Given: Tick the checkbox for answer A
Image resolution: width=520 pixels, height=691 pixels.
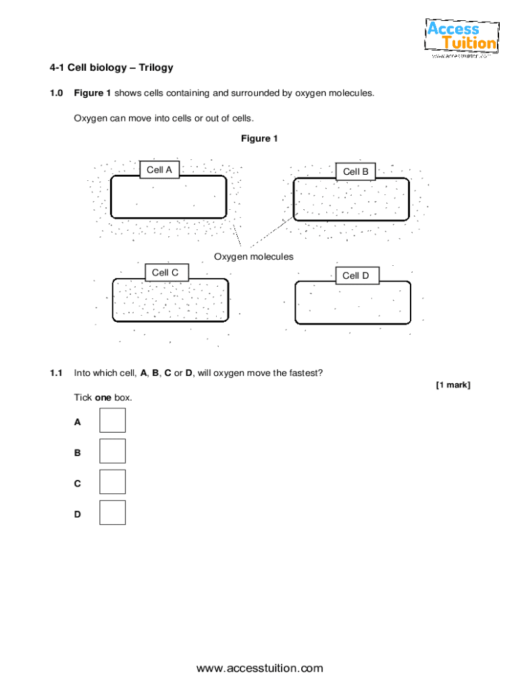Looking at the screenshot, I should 112,420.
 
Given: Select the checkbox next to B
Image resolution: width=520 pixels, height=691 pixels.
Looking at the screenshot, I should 112,451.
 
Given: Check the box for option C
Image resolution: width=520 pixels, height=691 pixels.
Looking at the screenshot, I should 112,482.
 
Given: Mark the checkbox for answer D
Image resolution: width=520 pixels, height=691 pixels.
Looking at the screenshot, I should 112,513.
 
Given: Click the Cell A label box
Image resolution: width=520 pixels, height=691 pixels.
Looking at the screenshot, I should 159,170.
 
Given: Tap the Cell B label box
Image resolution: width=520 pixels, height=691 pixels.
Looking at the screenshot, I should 355,172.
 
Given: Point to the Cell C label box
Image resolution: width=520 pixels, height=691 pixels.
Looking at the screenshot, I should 165,273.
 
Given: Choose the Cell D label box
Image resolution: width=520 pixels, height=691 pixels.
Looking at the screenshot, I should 356,275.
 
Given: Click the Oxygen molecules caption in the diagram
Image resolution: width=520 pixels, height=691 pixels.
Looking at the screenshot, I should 254,257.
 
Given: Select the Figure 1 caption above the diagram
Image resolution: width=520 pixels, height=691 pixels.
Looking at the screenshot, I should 259,138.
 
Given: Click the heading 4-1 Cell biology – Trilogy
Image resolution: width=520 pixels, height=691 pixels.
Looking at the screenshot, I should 111,67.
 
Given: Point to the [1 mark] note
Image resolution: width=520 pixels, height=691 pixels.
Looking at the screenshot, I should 452,385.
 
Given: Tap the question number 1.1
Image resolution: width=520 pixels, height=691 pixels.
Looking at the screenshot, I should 55,372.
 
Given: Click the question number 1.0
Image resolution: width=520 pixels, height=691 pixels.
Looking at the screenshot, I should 55,92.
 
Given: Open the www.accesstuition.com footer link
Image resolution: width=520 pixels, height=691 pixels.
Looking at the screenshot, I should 260,669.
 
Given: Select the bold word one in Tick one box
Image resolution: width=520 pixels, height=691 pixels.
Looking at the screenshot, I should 103,397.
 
